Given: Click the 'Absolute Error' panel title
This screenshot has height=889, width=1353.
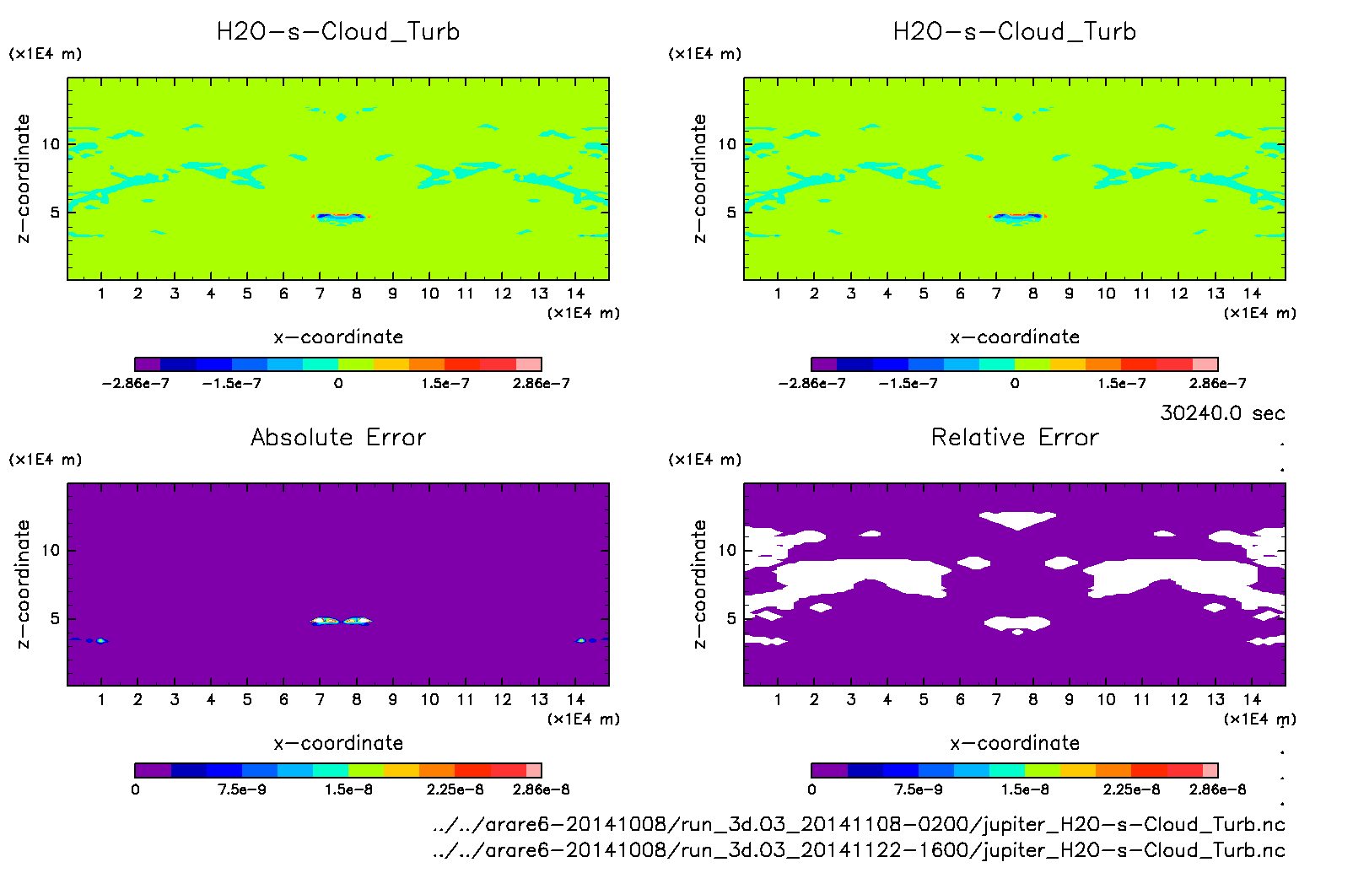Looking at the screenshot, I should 338,437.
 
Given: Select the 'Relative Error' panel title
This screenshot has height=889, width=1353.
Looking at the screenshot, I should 1015,437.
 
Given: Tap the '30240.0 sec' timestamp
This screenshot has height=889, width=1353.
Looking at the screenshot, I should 1222,413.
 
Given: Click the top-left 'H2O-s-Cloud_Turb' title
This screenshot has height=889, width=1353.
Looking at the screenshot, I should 338,32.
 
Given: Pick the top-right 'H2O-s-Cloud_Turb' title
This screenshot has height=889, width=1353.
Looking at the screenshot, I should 1015,32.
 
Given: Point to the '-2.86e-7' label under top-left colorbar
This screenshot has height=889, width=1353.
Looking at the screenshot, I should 135,384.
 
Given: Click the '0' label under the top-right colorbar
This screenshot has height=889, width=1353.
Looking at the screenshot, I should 1015,384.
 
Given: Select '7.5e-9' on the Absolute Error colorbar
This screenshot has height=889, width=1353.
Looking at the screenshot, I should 242,789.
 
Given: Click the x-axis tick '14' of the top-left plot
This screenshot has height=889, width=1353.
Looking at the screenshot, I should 575,294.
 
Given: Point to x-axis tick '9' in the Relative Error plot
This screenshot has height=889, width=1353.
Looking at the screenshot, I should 1069,699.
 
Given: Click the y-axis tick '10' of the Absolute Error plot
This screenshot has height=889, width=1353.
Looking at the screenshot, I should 51,551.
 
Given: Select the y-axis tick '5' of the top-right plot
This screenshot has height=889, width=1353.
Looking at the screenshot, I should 731,213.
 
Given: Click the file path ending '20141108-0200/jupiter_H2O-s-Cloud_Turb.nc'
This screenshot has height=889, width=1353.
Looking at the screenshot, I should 858,825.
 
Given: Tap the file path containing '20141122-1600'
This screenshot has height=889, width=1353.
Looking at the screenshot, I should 858,850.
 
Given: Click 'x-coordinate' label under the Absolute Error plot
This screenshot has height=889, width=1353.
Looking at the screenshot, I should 338,743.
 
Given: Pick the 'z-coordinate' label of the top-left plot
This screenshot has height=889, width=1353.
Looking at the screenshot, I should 23,179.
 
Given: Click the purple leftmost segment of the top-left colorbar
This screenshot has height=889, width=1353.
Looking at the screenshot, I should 148,364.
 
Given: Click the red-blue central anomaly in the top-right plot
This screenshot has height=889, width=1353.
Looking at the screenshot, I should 1016,217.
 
